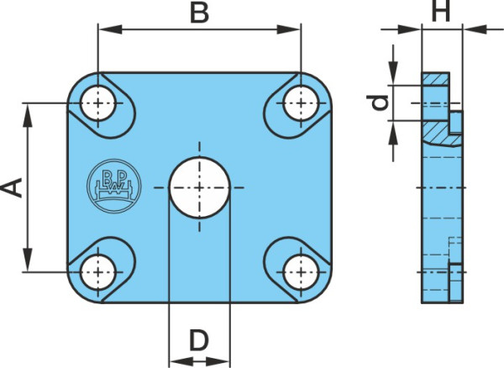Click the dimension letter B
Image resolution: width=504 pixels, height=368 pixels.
(x=200, y=13)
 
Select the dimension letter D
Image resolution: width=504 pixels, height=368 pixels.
(x=199, y=339)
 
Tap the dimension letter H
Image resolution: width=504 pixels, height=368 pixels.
(x=441, y=11)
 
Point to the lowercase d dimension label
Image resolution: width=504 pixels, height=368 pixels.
(x=379, y=103)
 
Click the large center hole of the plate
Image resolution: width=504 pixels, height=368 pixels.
(x=200, y=187)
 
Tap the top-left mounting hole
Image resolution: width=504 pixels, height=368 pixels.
(x=98, y=103)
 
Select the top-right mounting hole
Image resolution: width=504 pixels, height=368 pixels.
(x=301, y=103)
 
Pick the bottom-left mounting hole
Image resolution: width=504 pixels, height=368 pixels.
(x=98, y=272)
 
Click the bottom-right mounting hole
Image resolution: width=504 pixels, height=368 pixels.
(x=301, y=272)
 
